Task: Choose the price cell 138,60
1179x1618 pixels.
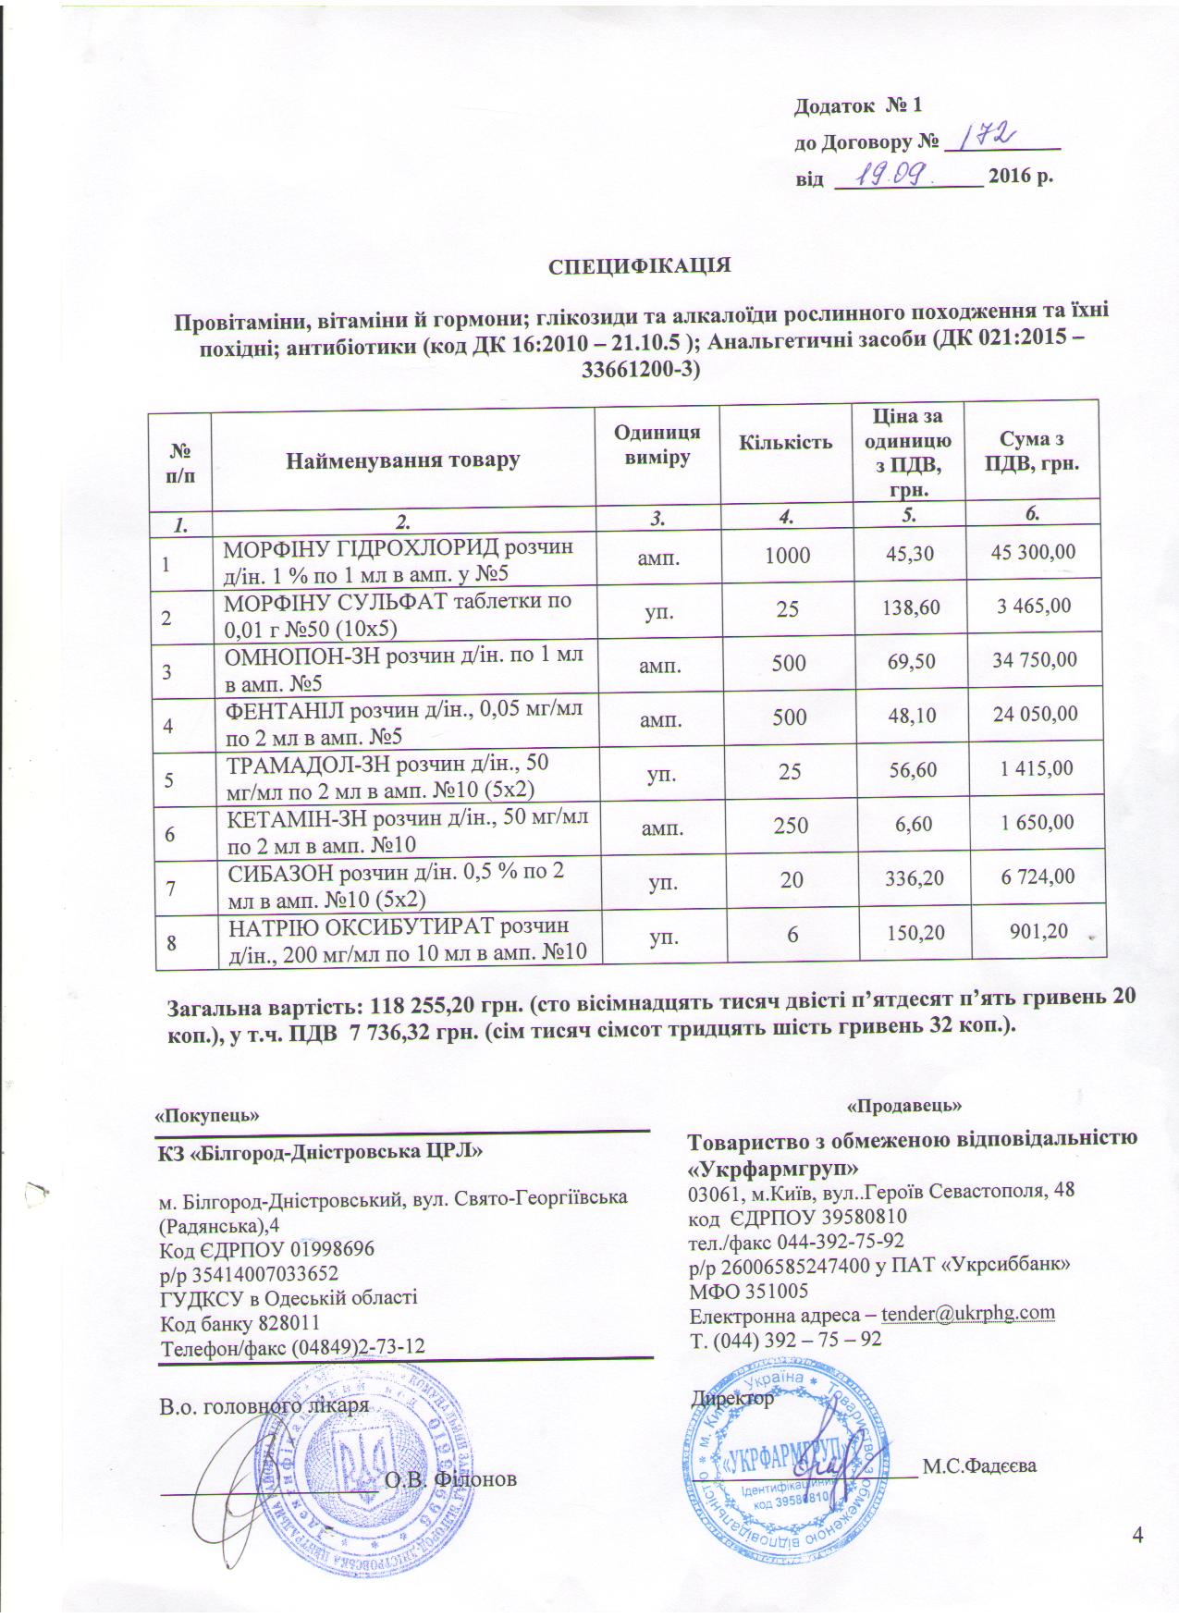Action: coord(912,607)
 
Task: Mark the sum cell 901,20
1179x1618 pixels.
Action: coord(1043,928)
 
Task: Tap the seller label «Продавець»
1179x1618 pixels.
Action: coord(905,1105)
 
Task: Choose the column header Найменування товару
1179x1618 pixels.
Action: coord(402,459)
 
